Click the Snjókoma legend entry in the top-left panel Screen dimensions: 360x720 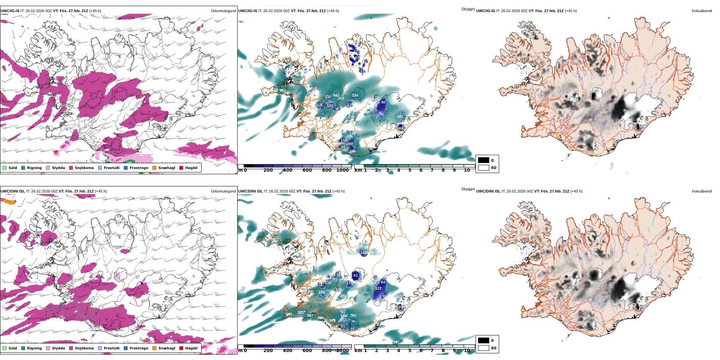click(84, 168)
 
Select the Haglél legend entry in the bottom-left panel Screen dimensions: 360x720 click(191, 348)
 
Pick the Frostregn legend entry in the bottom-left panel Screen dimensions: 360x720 click(139, 348)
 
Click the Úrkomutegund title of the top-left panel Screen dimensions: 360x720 click(223, 11)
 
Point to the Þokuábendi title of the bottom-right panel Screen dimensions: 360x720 click(702, 191)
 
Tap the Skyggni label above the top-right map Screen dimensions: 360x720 click(468, 9)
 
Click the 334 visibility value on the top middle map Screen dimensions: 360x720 click(355, 95)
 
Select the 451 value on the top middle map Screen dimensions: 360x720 click(400, 117)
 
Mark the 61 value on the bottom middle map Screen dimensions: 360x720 click(355, 275)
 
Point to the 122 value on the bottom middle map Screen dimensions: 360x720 click(378, 288)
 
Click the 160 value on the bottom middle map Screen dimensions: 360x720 click(363, 252)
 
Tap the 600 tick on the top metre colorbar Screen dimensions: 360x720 click(307, 170)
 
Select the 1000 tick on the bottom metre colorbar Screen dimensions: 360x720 click(342, 351)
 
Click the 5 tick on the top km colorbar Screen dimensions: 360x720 click(410, 170)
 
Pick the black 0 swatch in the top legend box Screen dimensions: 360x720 click(484, 160)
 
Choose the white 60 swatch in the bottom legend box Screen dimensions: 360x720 click(484, 348)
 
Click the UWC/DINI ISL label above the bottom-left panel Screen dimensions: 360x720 click(13, 191)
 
